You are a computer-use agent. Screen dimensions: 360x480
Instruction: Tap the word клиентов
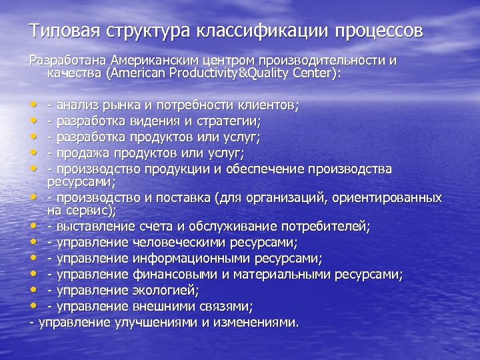point(270,105)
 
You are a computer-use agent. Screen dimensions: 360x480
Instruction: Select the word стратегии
point(229,121)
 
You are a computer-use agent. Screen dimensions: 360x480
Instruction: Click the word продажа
point(83,153)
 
